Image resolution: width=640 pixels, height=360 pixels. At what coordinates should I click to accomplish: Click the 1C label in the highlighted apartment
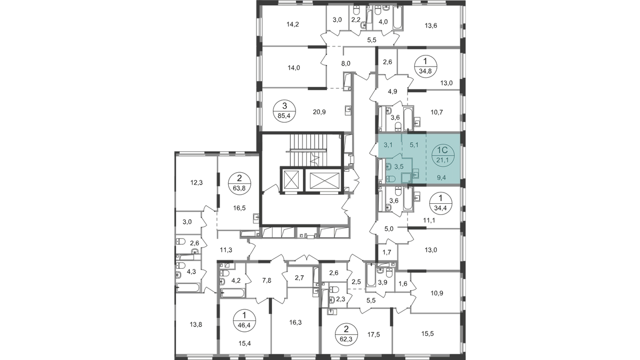(442, 150)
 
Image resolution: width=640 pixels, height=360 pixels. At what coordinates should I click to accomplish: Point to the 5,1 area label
(413, 144)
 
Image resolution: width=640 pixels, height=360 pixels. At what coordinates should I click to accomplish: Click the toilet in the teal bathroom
(390, 178)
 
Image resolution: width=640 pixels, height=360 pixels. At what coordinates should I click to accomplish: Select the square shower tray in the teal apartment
(405, 178)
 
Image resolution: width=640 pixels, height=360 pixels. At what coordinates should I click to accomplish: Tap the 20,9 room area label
(319, 111)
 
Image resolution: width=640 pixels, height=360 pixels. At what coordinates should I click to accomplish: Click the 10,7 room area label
(437, 111)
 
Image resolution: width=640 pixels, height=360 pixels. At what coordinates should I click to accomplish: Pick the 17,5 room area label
(373, 335)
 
